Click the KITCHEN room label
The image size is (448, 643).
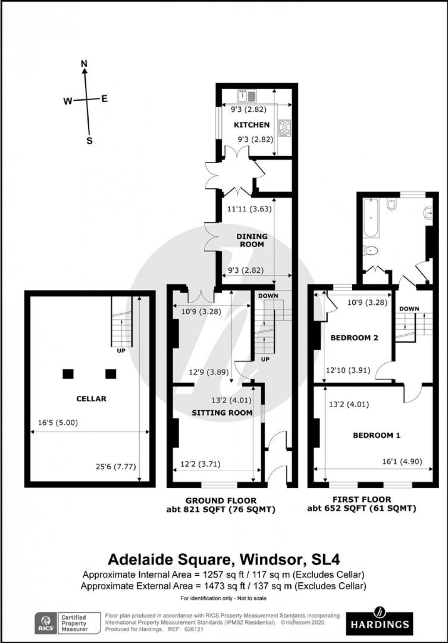[251, 125]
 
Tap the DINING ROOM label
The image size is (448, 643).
[252, 240]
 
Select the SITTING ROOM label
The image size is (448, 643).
[222, 413]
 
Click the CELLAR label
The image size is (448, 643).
[91, 398]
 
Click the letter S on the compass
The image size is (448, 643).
[90, 141]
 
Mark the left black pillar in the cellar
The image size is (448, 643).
[68, 373]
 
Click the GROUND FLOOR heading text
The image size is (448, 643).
[220, 501]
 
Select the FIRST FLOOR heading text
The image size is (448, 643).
[362, 500]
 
